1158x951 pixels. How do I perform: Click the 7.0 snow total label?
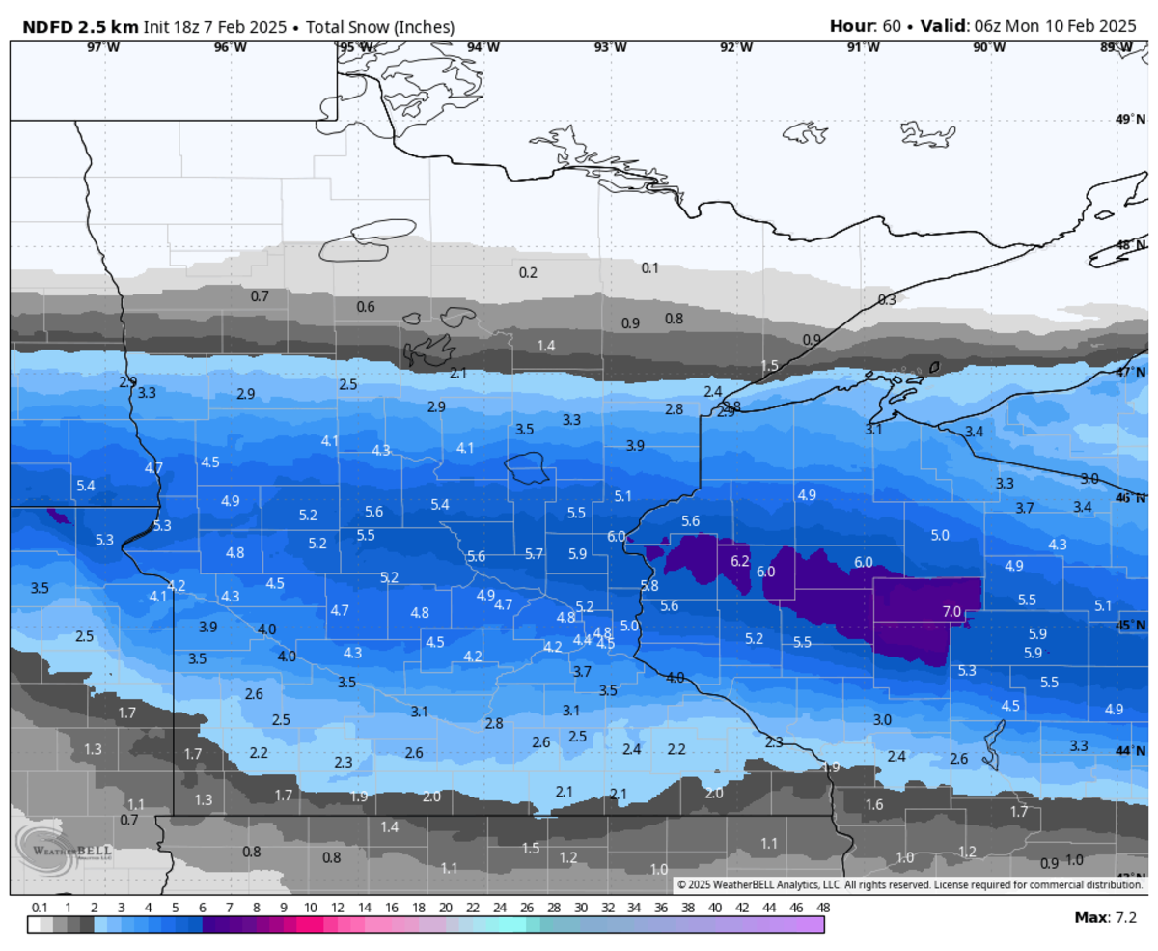[951, 611]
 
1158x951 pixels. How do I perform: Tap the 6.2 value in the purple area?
[740, 561]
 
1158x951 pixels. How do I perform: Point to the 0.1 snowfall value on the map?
[649, 267]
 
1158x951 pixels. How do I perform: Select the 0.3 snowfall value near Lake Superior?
[886, 300]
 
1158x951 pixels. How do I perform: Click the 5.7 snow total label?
[534, 554]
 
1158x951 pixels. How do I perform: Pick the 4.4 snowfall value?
[582, 639]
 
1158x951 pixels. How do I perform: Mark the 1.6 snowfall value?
[874, 804]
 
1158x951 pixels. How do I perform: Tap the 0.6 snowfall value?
[366, 307]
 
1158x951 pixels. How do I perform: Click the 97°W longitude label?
[103, 47]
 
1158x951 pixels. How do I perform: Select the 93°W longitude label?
[609, 47]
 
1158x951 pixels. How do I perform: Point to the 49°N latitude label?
[1125, 120]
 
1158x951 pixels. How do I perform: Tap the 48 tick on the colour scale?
[822, 909]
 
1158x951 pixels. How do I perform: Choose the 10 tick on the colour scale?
[310, 909]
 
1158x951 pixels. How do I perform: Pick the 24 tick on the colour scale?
[499, 909]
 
